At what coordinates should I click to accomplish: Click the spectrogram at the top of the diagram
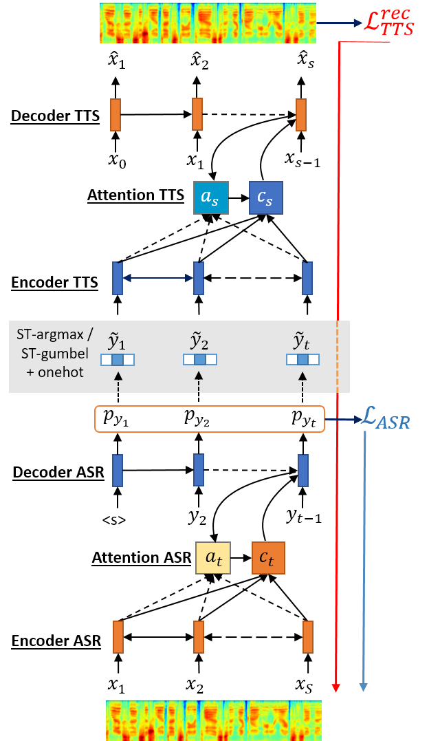[208, 23]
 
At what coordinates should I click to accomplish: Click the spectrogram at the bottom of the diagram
[213, 720]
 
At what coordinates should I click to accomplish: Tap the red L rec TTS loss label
[389, 23]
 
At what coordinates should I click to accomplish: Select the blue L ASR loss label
[386, 419]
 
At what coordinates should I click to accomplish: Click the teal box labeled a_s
[210, 198]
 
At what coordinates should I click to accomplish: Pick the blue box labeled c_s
[265, 198]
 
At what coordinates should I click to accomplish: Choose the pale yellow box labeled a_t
[213, 558]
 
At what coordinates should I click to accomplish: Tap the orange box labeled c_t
[268, 558]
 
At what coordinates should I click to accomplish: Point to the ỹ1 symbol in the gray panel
[118, 341]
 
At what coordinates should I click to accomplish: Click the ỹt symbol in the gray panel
[303, 341]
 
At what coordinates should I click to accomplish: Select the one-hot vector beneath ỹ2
[199, 359]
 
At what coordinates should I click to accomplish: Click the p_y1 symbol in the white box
[115, 418]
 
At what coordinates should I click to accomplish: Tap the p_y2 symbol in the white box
[198, 418]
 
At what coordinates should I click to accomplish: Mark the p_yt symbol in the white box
[303, 418]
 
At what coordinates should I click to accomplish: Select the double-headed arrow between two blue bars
[157, 278]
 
